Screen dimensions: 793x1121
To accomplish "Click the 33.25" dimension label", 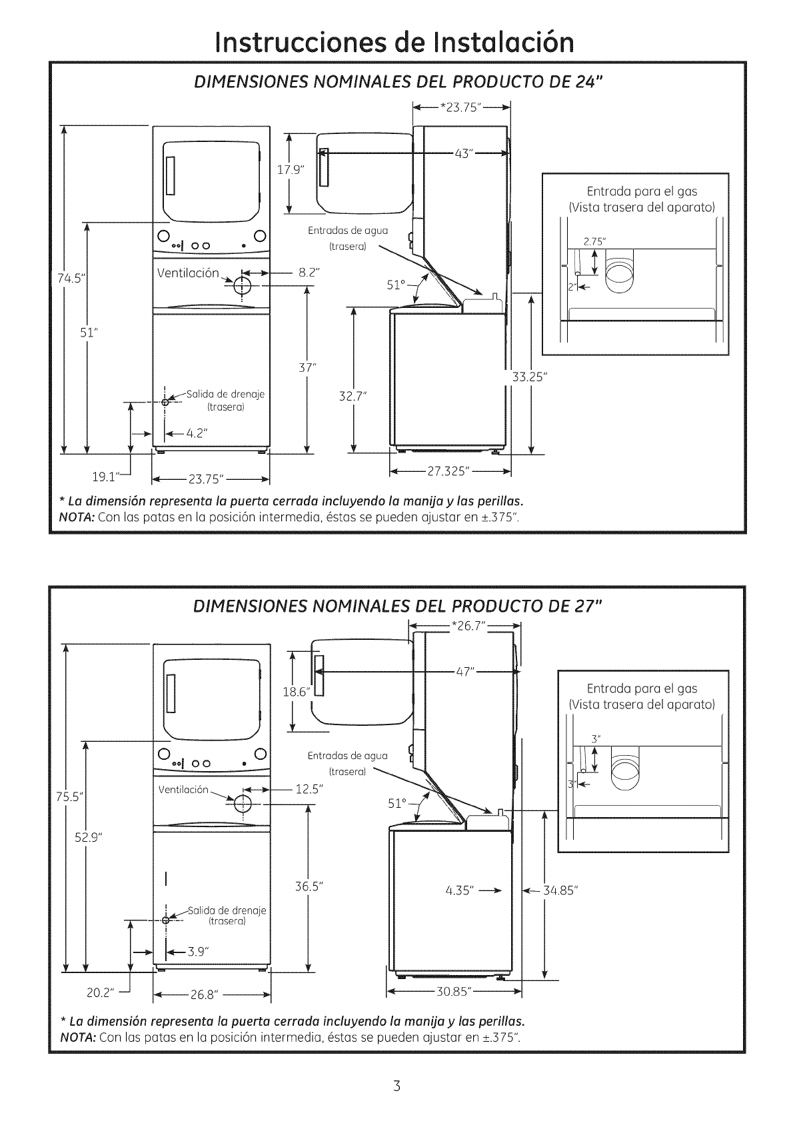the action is [530, 378].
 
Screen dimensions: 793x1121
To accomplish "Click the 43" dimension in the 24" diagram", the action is [463, 154].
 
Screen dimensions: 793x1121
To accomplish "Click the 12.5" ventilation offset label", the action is [309, 789].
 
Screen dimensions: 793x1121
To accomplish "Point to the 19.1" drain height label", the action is [105, 476].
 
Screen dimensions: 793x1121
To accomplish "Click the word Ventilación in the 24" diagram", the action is [188, 273].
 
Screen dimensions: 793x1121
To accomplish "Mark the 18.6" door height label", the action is [294, 692].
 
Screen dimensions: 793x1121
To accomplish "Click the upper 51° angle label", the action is [396, 285].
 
